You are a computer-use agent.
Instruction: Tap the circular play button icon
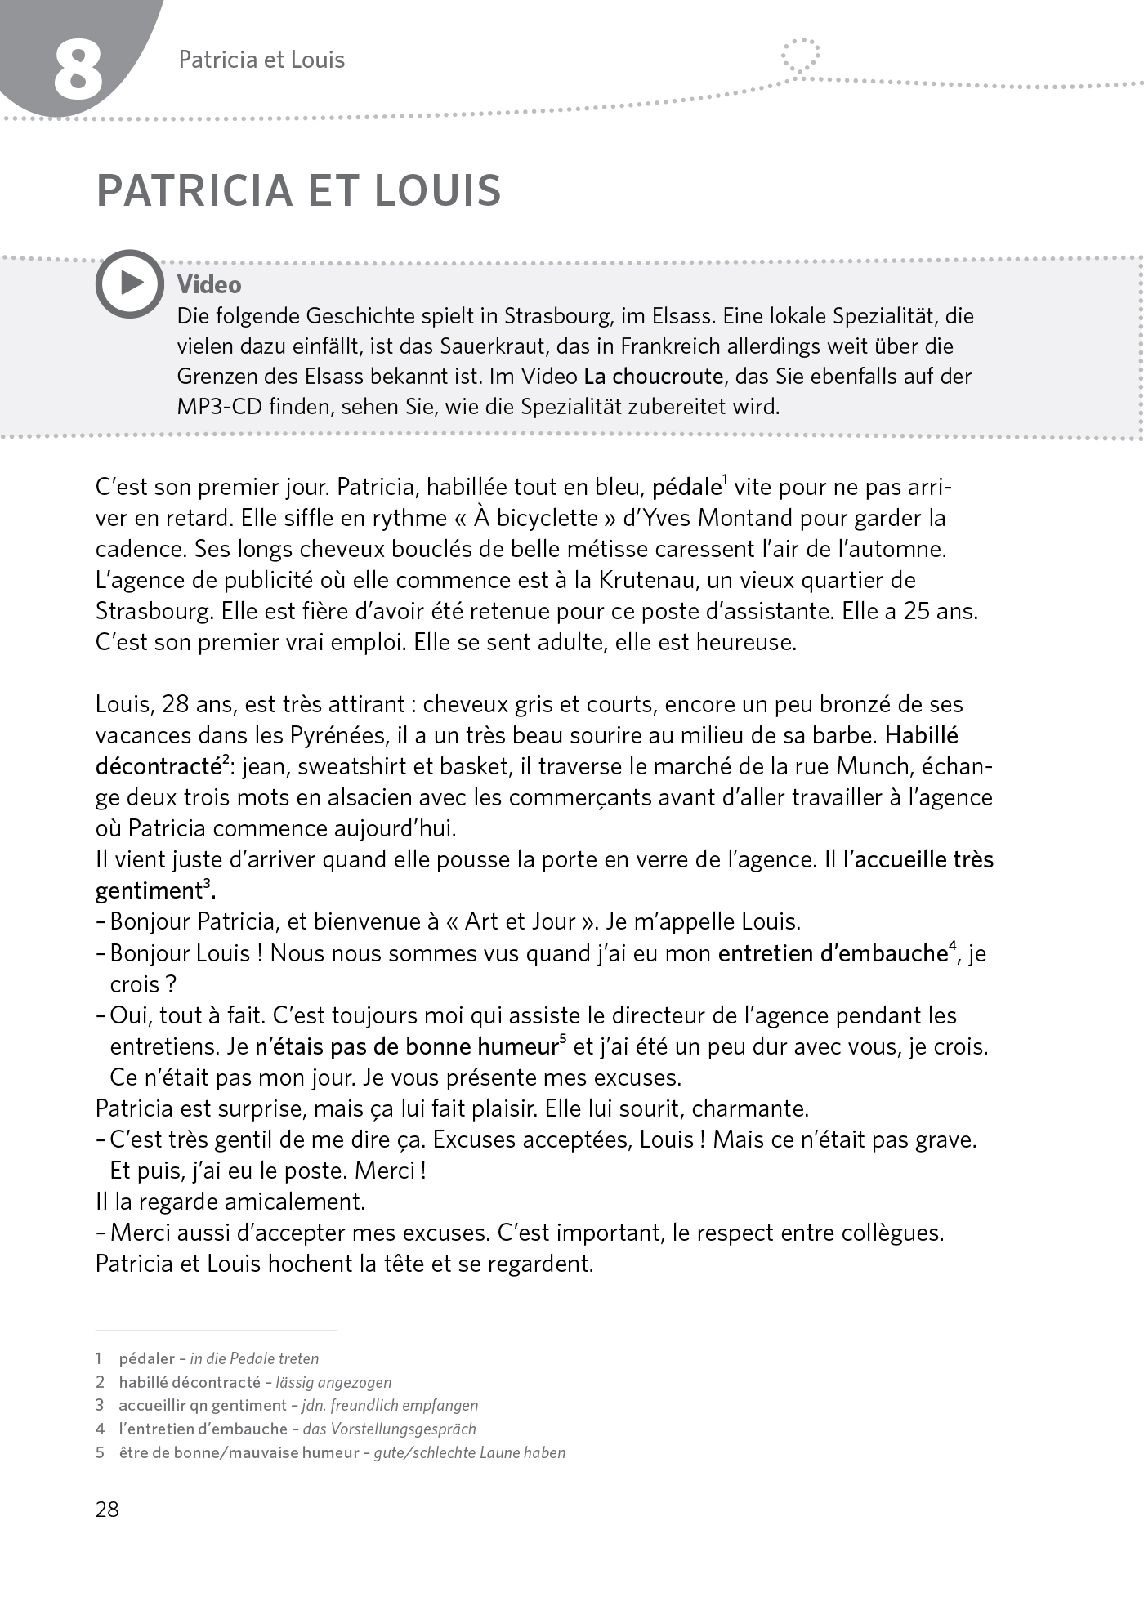coord(129,283)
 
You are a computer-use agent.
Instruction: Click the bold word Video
coord(209,285)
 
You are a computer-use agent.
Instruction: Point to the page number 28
coord(107,1509)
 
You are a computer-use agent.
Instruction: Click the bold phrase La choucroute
coord(653,377)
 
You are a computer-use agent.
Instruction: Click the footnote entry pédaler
coord(147,1358)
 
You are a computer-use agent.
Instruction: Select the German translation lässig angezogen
coord(333,1382)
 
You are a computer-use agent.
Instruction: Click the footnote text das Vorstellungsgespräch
coord(389,1429)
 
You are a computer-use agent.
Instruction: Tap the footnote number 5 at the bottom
coord(100,1452)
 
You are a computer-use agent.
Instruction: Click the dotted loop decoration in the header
coord(800,57)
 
